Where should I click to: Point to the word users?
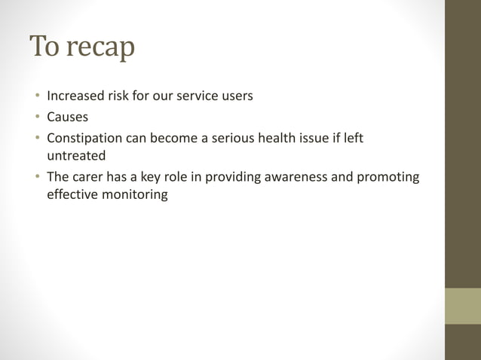click(x=234, y=96)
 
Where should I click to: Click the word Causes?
click(x=67, y=117)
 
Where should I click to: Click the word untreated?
click(x=76, y=156)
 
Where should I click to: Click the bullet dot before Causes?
click(x=35, y=117)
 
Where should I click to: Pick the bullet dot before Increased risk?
click(x=35, y=96)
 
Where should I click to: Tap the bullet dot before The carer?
click(x=35, y=178)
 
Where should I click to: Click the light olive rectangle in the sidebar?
click(x=463, y=306)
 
